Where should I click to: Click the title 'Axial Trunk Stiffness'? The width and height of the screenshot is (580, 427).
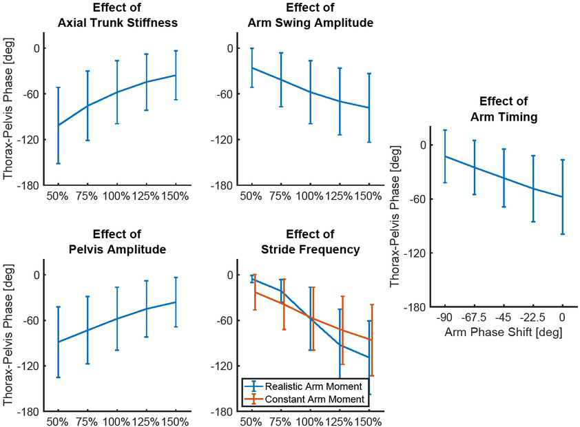pos(117,23)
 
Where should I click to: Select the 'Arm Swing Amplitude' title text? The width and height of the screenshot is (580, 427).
pos(310,23)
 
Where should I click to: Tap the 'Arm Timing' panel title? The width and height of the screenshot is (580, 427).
pos(504,117)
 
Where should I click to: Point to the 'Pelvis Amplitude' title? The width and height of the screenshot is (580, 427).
pos(117,249)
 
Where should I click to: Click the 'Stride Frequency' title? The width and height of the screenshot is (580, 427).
pos(310,249)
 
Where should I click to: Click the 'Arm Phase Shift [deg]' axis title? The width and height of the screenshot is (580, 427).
pos(504,332)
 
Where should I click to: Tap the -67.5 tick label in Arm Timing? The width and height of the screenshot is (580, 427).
pos(475,318)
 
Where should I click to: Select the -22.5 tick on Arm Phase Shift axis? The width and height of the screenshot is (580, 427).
pos(534,318)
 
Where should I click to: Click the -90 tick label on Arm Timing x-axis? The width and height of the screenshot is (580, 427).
pos(445,318)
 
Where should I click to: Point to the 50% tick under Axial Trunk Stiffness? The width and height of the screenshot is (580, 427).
pos(58,196)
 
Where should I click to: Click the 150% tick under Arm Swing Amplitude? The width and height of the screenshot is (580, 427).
pos(369,196)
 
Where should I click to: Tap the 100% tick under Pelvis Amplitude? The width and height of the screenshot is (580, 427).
pos(117,422)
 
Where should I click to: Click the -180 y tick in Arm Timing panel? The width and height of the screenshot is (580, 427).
pos(420,307)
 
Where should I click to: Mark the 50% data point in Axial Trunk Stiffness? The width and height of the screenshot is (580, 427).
pos(58,125)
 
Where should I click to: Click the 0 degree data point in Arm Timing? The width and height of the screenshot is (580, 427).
pos(563,197)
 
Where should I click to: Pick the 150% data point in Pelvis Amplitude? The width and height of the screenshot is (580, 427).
pos(176,302)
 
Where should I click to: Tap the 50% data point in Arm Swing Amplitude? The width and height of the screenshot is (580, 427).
pos(252,67)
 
